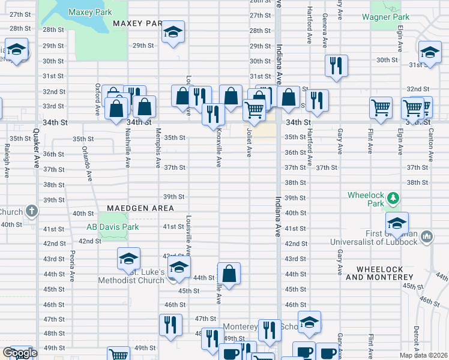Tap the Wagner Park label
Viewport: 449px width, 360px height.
pos(385,17)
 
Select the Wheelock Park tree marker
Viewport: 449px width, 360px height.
pos(393,197)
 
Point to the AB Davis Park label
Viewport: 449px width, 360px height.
pos(112,227)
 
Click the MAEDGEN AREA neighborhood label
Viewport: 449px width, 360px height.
pos(140,208)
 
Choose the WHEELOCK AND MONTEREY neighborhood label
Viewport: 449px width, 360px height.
pos(380,273)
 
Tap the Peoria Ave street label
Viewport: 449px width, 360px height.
pos(72,266)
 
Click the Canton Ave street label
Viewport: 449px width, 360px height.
pos(431,146)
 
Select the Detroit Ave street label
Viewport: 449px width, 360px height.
pos(415,339)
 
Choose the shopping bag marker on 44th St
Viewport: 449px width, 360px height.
pos(229,273)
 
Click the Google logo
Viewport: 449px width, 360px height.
pos(19,353)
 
